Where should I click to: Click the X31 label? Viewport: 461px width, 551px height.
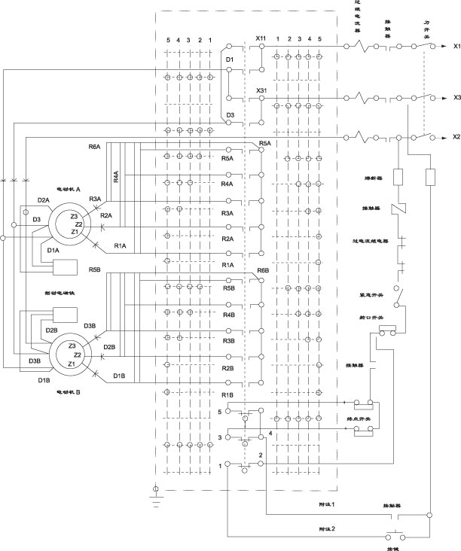click(261, 91)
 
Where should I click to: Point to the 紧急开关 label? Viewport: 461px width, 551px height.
click(366, 295)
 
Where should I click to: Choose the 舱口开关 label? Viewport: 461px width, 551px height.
click(366, 318)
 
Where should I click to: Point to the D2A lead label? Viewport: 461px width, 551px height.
click(44, 199)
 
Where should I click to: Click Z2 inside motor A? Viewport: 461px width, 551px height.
click(78, 224)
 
